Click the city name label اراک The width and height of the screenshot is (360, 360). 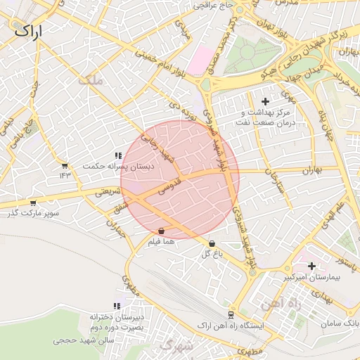coord(27,30)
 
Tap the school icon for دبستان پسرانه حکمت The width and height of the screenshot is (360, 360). coord(117,155)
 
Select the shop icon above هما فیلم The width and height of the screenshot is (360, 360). coord(162,231)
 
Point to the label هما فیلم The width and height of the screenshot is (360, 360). coord(161,241)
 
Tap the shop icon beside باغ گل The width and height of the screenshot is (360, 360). coord(212,244)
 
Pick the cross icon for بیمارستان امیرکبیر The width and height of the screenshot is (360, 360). coord(311,266)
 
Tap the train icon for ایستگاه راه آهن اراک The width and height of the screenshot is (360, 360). coord(231,315)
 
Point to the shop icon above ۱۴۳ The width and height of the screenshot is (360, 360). coord(65,165)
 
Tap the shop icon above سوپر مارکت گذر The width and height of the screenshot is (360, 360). coord(33,202)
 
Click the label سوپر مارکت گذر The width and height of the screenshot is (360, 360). coord(33,212)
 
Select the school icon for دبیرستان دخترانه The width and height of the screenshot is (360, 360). coord(117,305)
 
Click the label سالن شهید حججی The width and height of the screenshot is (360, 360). coord(84,340)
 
